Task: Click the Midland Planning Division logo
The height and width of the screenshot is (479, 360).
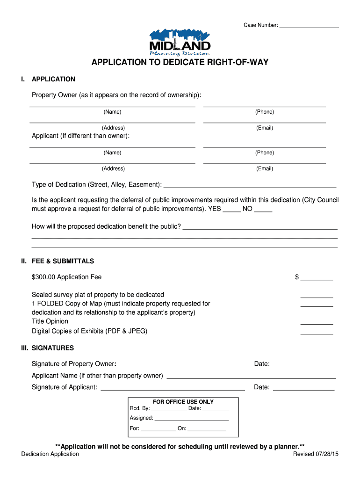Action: [180, 43]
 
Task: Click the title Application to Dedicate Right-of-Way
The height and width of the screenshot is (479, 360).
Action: [180, 62]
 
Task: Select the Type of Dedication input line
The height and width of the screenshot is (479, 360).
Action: [250, 186]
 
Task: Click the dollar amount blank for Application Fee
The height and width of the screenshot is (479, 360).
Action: [317, 279]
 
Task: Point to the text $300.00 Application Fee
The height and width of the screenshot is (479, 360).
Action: [66, 277]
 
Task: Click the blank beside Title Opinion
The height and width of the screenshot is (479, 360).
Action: [317, 324]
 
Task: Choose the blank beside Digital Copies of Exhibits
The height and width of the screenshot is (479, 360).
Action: [317, 334]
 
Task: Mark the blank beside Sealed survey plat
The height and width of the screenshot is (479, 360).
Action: [317, 297]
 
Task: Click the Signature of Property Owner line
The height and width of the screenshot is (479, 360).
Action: [178, 366]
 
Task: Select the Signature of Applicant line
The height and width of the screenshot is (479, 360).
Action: [173, 389]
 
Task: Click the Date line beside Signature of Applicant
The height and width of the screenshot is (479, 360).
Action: [303, 389]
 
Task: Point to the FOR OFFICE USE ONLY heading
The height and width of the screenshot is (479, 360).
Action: [183, 402]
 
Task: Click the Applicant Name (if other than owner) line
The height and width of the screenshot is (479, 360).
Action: [251, 377]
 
